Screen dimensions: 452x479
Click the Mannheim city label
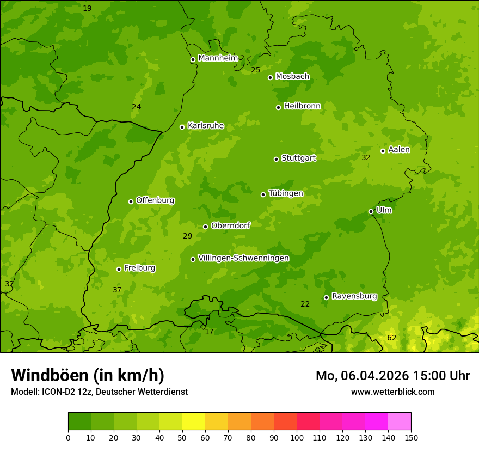click(x=218, y=58)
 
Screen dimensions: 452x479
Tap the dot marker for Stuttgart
click(x=276, y=159)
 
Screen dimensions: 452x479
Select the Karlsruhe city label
click(x=206, y=126)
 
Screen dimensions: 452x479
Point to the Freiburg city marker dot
click(x=119, y=269)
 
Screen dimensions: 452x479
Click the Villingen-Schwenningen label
click(x=243, y=258)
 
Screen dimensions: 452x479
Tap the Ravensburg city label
click(x=354, y=296)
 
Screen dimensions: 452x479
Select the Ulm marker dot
click(x=371, y=211)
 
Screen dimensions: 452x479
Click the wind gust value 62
click(x=391, y=338)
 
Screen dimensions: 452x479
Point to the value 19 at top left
click(x=87, y=8)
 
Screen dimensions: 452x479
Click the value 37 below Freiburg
click(x=117, y=290)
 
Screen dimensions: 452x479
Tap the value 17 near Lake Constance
click(x=209, y=332)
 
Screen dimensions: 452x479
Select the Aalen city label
click(x=399, y=150)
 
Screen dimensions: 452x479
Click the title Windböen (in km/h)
click(x=88, y=375)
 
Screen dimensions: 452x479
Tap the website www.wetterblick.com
click(x=392, y=392)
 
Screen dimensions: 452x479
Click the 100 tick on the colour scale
click(x=297, y=437)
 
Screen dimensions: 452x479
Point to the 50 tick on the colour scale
click(x=182, y=437)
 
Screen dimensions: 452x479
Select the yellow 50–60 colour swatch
click(x=194, y=422)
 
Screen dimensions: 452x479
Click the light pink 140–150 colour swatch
click(x=400, y=422)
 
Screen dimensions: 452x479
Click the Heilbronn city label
click(x=302, y=106)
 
